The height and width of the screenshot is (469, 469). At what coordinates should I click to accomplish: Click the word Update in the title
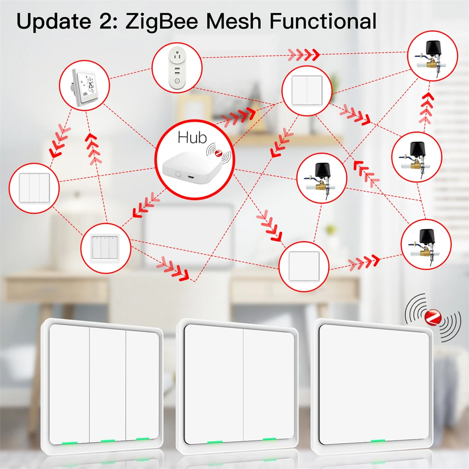tap(54, 21)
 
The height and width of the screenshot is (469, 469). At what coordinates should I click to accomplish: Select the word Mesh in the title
tap(234, 21)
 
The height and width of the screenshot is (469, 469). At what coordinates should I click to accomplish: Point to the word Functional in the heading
tap(323, 21)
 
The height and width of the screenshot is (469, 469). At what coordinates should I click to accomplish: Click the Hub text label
tap(192, 138)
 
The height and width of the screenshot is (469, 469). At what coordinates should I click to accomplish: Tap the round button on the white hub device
tap(178, 174)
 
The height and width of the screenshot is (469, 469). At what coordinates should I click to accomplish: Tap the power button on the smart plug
tap(177, 81)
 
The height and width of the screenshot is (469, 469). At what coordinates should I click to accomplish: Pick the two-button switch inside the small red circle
tap(307, 90)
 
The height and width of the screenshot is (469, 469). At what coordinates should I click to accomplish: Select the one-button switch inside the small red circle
tap(304, 266)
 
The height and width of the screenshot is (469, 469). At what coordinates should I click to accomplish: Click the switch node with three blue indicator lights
tap(105, 248)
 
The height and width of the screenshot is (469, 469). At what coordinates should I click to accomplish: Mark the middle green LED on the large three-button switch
tap(108, 441)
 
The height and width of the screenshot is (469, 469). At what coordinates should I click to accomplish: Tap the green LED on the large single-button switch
tap(378, 441)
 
